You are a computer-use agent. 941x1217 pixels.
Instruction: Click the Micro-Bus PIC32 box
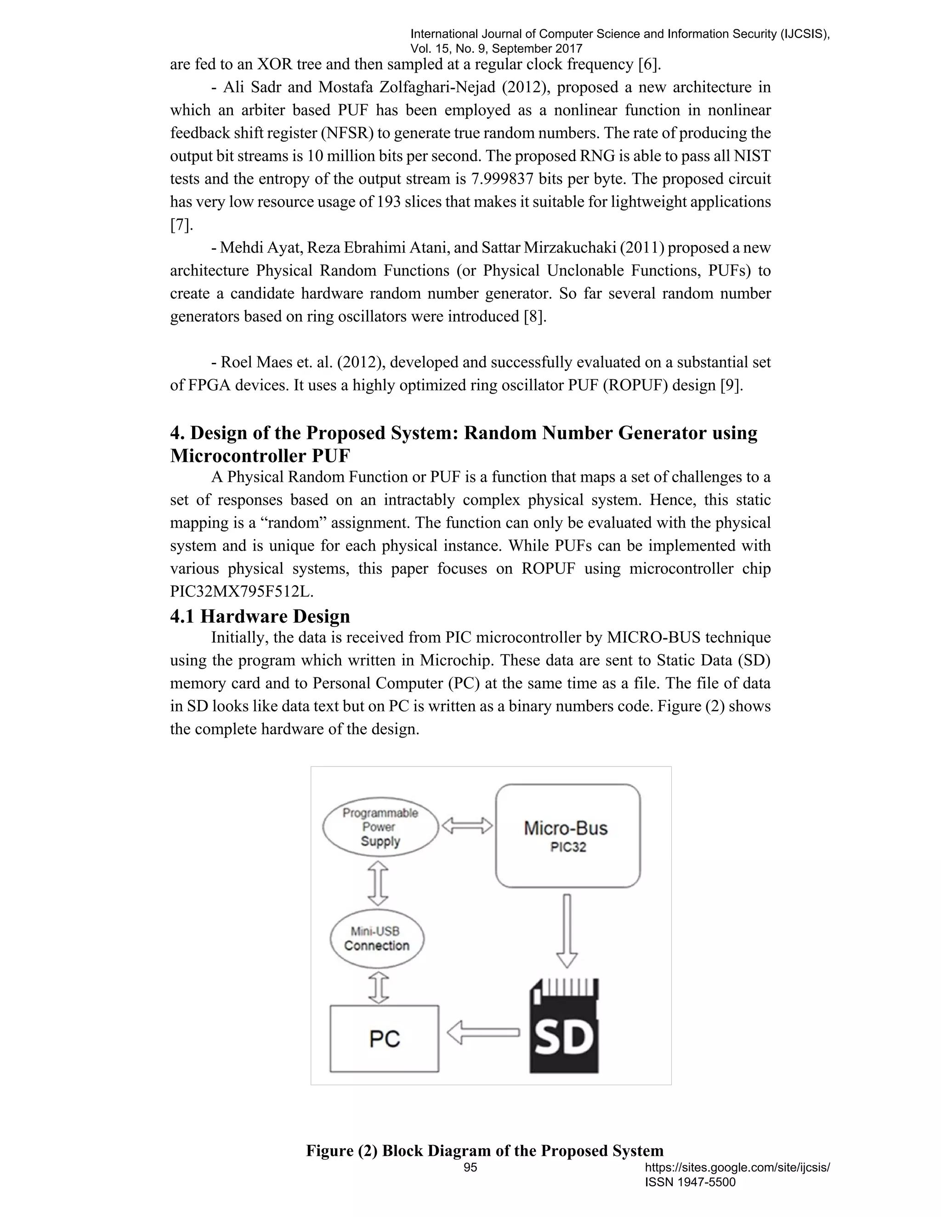(x=567, y=836)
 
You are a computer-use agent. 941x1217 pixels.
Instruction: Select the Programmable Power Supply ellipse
(x=380, y=827)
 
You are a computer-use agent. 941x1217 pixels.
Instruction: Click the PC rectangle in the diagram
(x=384, y=1039)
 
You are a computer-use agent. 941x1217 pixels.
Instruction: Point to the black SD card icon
(x=564, y=1026)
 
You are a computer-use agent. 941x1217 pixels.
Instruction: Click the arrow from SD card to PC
(x=483, y=1032)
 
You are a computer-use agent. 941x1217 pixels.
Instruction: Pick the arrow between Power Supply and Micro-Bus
(x=467, y=825)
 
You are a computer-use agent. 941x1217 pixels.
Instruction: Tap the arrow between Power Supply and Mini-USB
(x=378, y=883)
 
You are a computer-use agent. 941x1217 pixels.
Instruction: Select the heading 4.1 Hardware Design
(x=260, y=616)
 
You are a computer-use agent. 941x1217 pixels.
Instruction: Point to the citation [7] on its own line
(x=181, y=225)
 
